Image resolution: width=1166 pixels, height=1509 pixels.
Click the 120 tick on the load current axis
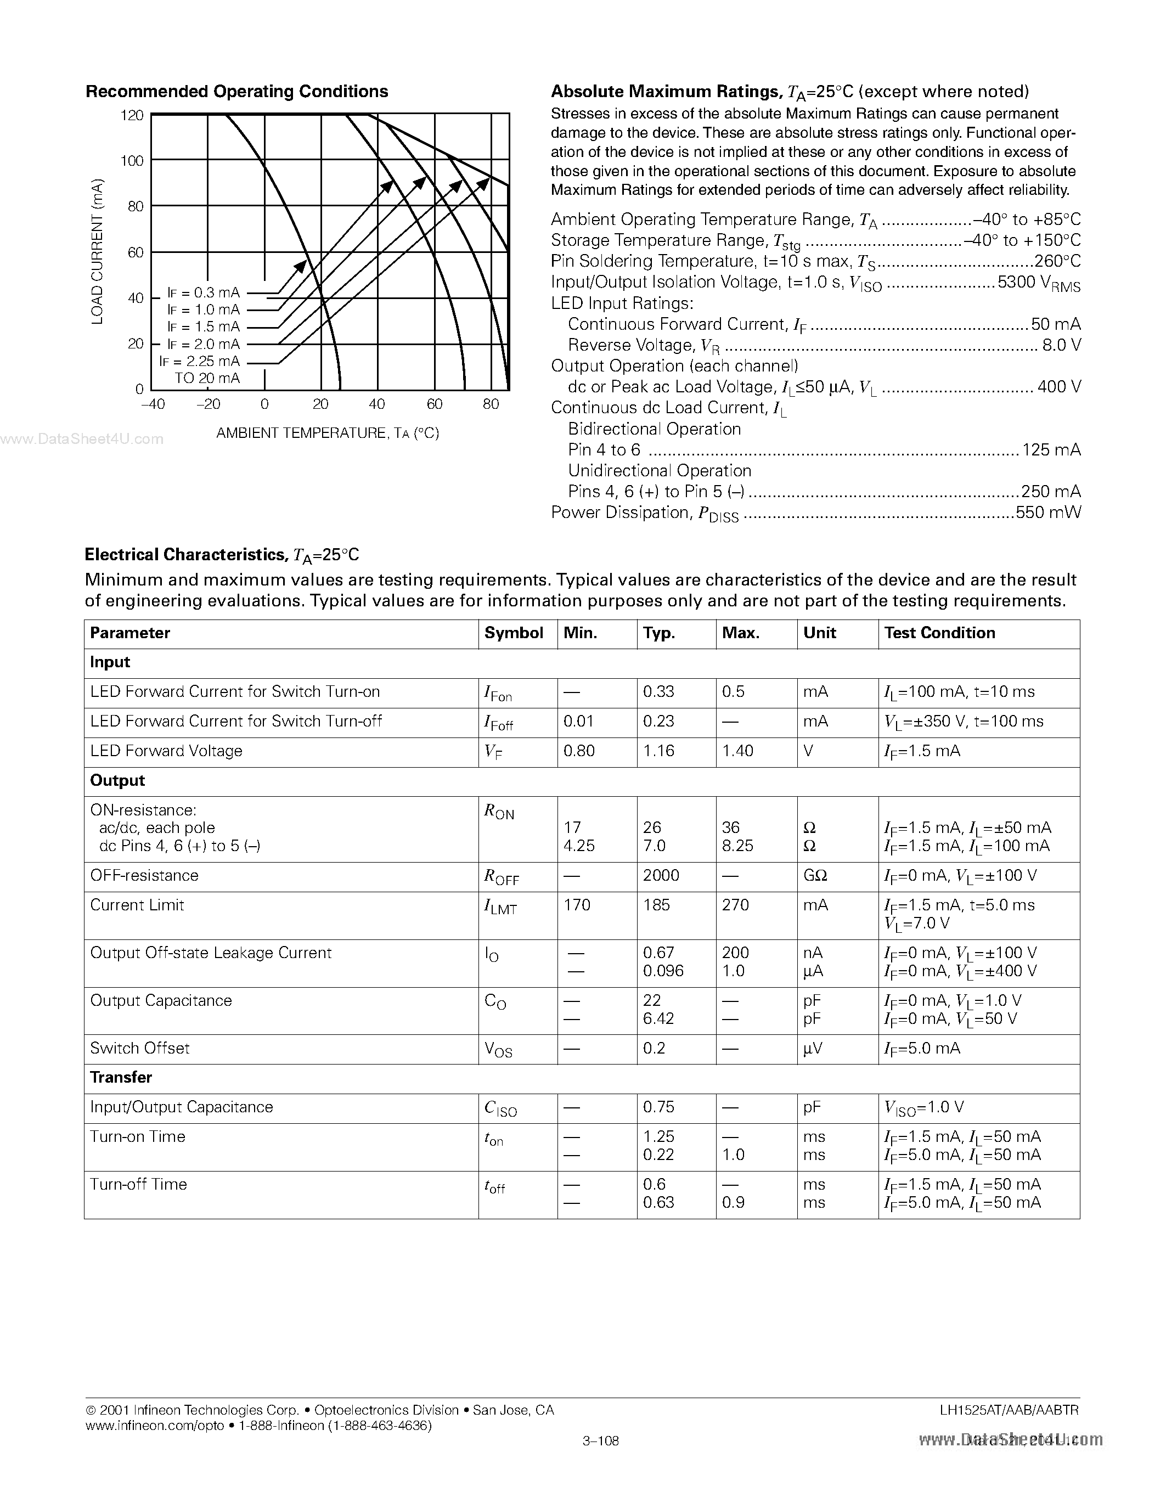tap(132, 115)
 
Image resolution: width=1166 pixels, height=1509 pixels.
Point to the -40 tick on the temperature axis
tap(153, 404)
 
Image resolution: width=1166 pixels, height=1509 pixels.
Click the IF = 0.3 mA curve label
tap(203, 292)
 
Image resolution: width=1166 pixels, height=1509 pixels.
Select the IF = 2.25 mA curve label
tap(200, 361)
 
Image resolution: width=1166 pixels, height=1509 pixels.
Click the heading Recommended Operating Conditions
tap(236, 91)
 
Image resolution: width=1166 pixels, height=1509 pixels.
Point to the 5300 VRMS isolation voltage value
tap(1038, 283)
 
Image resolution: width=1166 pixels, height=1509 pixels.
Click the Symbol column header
tap(513, 633)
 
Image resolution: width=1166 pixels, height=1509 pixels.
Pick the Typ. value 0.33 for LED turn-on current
tap(658, 691)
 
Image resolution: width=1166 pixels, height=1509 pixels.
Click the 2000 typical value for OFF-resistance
tap(661, 875)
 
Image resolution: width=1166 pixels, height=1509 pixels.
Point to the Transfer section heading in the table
tap(121, 1077)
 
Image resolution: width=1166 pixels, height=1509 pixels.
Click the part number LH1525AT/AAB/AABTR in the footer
tap(1009, 1410)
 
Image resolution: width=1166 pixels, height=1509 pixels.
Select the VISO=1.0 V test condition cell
tap(923, 1107)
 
